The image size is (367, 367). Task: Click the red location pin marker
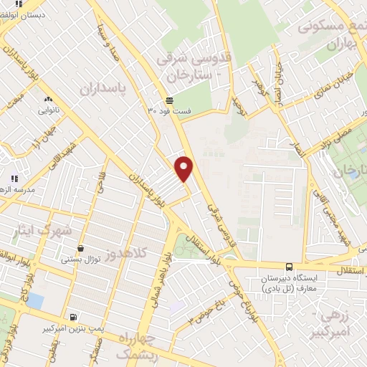click(184, 168)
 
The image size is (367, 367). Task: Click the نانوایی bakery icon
click(48, 100)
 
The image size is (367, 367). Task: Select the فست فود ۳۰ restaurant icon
click(168, 100)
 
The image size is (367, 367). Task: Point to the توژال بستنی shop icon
click(80, 248)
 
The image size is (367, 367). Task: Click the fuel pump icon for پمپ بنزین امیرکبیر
click(73, 316)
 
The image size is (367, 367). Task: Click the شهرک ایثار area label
click(43, 231)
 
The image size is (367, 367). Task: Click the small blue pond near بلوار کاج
click(34, 301)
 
